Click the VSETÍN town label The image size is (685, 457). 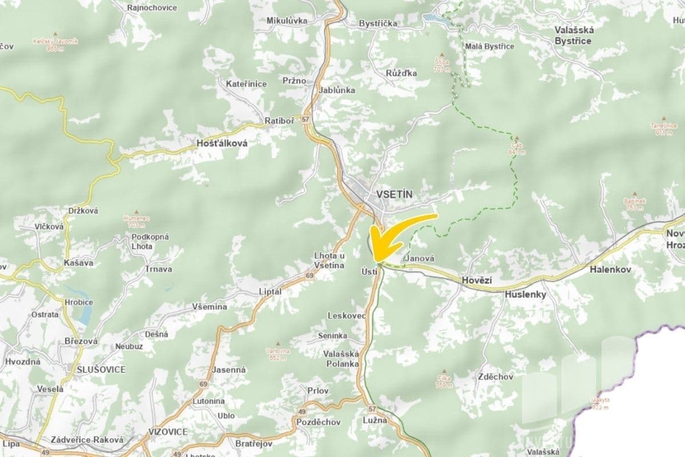click(x=394, y=194)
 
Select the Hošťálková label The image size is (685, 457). click(x=221, y=144)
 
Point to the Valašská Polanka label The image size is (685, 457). click(x=341, y=358)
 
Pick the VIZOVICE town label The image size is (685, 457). click(x=167, y=431)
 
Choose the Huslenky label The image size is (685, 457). click(x=525, y=295)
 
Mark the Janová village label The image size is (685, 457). click(x=418, y=258)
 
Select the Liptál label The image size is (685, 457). click(x=271, y=291)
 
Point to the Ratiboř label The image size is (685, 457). click(x=279, y=121)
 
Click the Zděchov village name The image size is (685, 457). click(x=496, y=376)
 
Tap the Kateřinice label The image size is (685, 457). click(x=246, y=84)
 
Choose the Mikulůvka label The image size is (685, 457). click(x=287, y=21)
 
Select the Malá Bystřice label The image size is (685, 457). click(x=490, y=46)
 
